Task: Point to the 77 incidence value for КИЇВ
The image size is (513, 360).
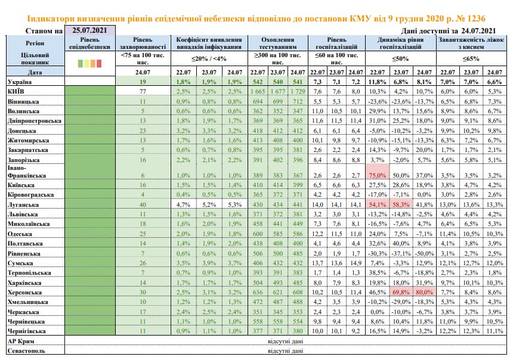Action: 143,91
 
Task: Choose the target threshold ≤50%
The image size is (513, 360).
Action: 400,59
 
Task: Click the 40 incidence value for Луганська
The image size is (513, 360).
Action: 143,204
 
